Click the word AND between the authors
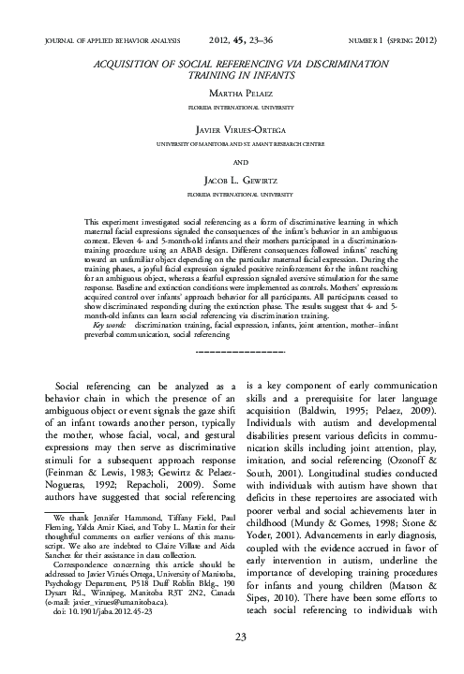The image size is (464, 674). tap(232, 160)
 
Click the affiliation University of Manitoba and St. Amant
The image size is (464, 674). tap(232, 145)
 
